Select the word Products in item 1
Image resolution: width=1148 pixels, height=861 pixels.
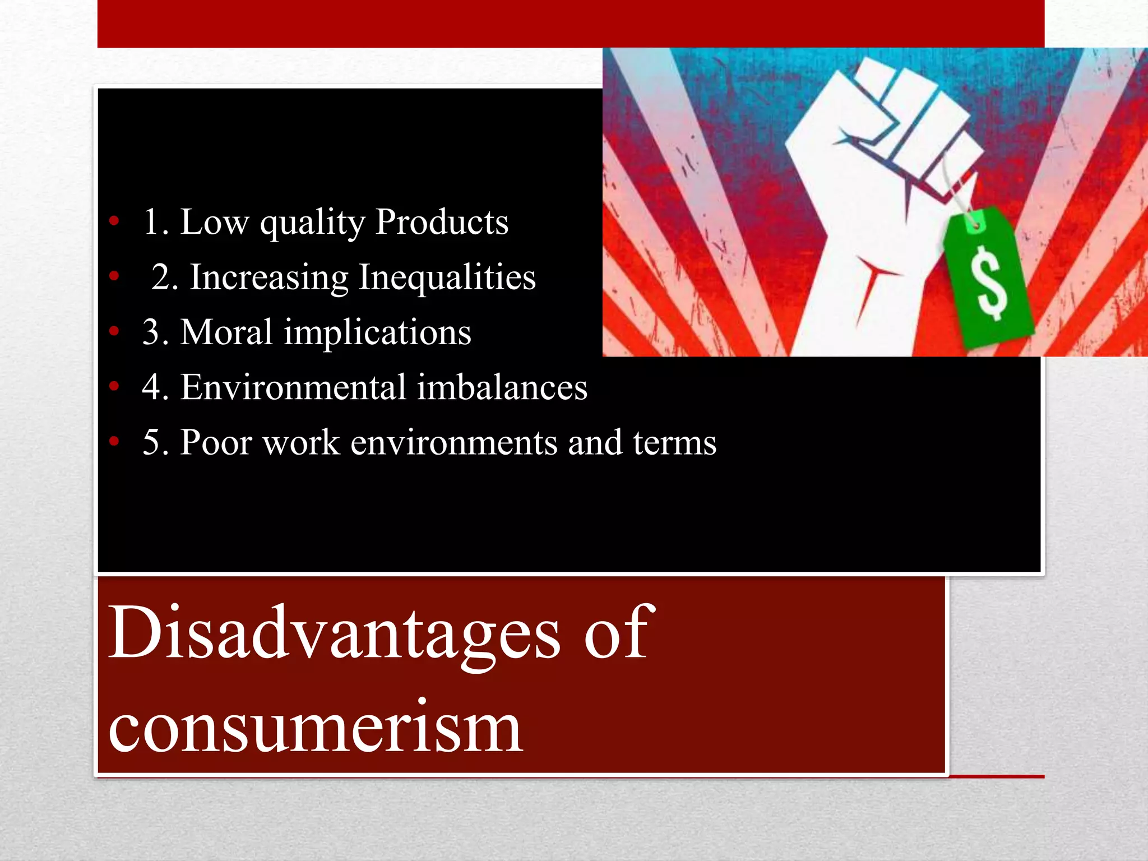[442, 221]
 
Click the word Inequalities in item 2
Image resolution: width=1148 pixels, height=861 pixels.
[447, 277]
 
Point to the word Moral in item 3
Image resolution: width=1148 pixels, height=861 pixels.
[226, 332]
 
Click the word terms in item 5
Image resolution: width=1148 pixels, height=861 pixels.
[674, 442]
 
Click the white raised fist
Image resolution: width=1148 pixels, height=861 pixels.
[874, 185]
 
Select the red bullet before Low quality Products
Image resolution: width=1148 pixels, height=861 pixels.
[114, 221]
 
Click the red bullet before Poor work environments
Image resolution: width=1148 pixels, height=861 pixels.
[114, 442]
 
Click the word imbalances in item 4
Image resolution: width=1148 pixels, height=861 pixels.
[502, 387]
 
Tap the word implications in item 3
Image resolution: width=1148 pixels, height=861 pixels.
[377, 333]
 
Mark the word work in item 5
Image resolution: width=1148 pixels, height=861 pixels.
[301, 442]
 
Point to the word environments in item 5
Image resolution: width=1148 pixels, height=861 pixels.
[454, 442]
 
